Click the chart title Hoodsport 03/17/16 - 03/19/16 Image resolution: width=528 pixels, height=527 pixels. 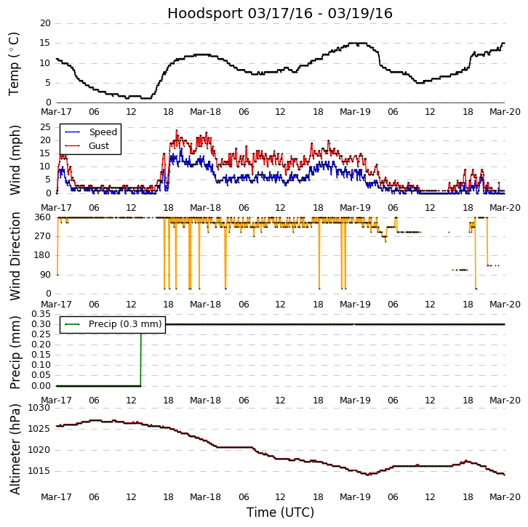pos(280,14)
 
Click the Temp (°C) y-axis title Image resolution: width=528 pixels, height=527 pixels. pos(15,63)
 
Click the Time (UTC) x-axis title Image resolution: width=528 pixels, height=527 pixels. pos(280,512)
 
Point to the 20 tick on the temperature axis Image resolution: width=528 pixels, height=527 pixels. pos(45,23)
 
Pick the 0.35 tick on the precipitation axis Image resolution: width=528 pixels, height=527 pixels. pos(41,313)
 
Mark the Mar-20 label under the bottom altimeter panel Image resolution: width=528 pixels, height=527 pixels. pos(505,496)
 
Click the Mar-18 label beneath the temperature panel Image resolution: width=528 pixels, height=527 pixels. pos(206,112)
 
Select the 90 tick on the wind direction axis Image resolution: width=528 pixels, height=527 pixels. pos(45,275)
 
